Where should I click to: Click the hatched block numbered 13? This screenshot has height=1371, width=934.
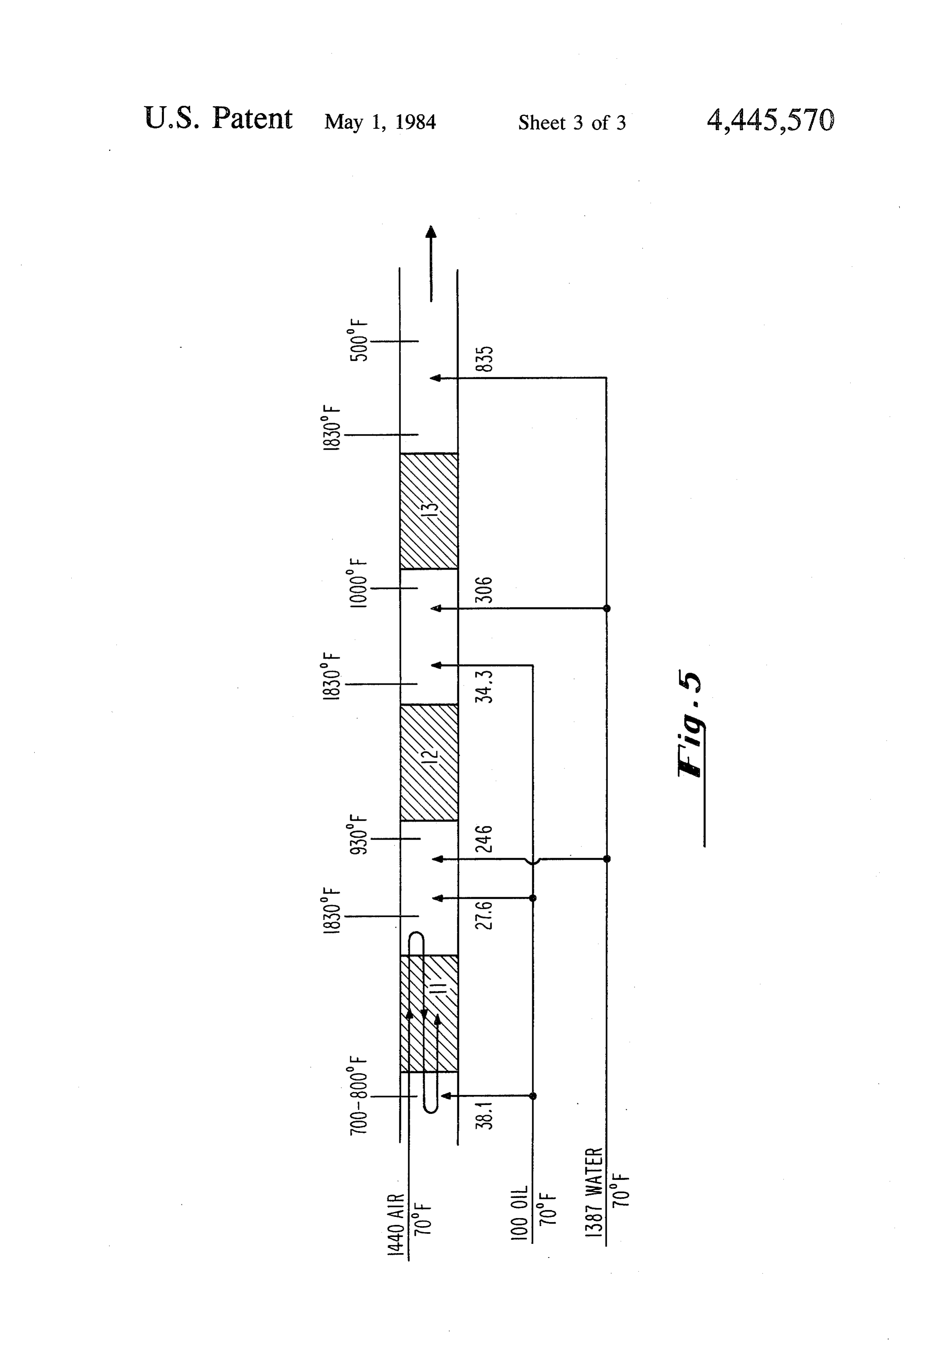point(429,511)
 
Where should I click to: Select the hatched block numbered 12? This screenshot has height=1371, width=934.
point(429,762)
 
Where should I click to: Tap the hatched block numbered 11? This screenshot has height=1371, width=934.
point(429,1013)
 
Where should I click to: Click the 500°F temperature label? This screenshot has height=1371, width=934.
point(359,340)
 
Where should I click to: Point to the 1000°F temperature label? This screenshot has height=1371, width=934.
point(359,583)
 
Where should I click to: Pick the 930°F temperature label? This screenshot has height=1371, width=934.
point(359,834)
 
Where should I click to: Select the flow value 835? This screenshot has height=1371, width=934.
point(484,359)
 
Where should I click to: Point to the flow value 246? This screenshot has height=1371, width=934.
point(484,839)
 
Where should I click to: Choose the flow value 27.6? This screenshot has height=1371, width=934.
point(484,915)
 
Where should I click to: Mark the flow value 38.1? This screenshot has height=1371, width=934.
point(484,1114)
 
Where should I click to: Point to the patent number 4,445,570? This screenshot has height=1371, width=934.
point(771,120)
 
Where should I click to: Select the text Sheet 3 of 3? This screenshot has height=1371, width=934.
point(572,122)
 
